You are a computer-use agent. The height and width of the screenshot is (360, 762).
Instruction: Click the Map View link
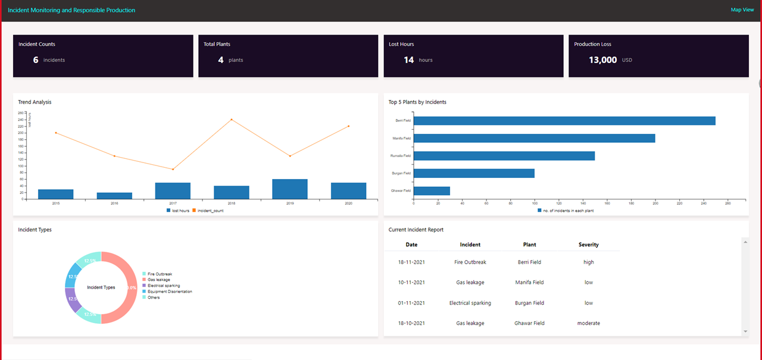click(742, 10)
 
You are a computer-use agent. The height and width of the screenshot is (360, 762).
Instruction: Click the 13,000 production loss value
click(602, 60)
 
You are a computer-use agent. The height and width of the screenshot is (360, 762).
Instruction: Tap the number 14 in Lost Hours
click(408, 60)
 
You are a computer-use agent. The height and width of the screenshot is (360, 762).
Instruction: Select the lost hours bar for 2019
click(290, 189)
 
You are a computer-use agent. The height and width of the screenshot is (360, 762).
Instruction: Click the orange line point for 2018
click(232, 120)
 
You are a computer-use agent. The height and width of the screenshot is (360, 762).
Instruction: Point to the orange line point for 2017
click(173, 170)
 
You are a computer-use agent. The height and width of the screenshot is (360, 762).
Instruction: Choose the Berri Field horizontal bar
click(564, 121)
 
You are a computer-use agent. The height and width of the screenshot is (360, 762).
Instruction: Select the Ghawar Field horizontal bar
click(432, 191)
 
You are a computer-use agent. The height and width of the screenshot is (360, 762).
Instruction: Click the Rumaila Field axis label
click(400, 156)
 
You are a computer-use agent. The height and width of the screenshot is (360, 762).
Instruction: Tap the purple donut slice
click(73, 300)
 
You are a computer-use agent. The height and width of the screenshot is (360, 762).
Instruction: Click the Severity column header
click(588, 245)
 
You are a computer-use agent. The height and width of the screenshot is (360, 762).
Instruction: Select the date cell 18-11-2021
click(411, 262)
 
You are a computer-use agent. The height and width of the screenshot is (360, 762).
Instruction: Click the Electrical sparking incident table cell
click(470, 303)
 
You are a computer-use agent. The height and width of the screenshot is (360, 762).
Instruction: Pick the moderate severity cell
click(588, 323)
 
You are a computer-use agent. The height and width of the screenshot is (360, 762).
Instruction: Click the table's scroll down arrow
click(745, 331)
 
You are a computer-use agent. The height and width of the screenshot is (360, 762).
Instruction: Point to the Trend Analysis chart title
click(35, 102)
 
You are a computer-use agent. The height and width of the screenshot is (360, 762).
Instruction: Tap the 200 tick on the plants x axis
click(655, 204)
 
